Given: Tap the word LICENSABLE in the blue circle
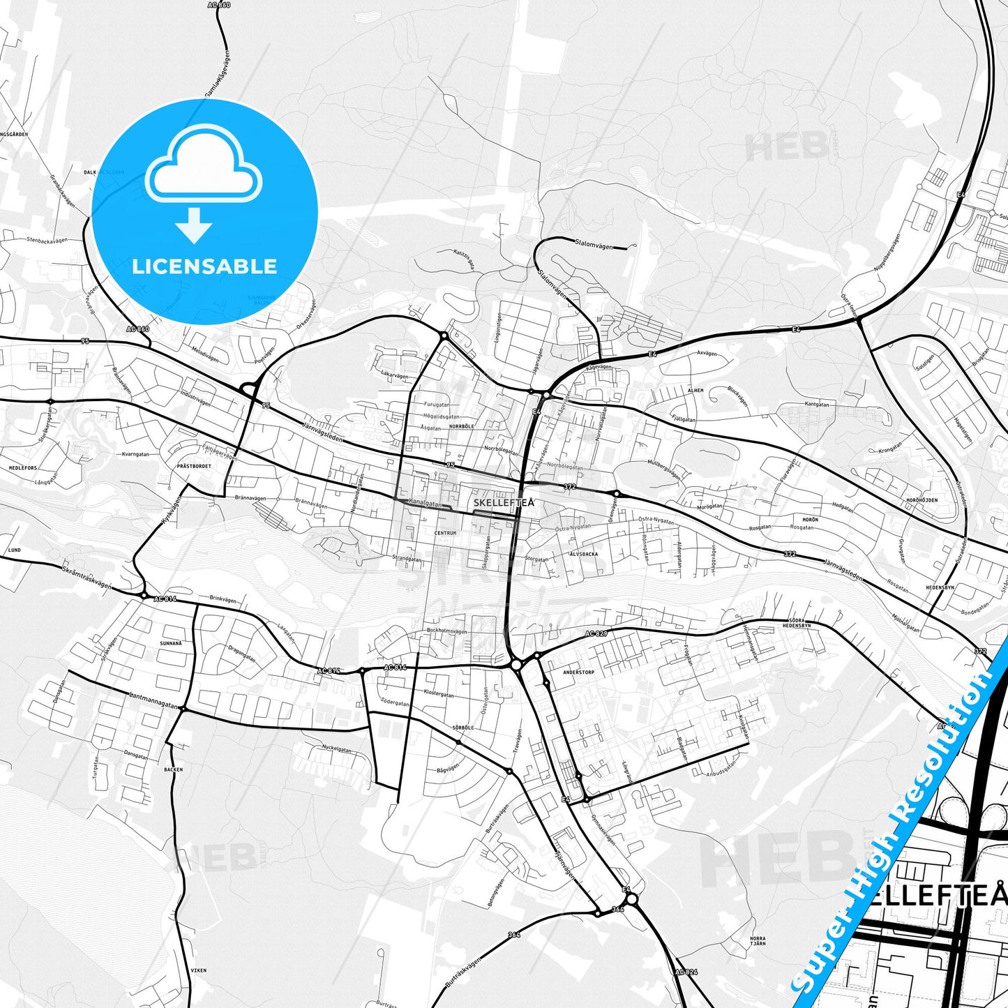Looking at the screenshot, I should click(204, 266).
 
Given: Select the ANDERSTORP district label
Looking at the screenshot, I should click(578, 672).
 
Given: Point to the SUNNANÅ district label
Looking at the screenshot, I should click(171, 643).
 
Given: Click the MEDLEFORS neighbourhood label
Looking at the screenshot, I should click(23, 468).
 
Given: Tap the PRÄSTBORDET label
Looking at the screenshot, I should click(193, 465).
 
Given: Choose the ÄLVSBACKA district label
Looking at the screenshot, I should click(584, 554).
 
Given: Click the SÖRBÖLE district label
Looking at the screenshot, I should click(463, 727).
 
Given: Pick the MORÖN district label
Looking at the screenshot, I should click(810, 520).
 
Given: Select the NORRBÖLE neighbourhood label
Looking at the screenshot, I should click(462, 426).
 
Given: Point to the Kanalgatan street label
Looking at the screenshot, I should click(426, 502).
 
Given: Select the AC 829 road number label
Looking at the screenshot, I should click(596, 633).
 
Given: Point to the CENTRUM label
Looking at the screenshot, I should click(445, 533).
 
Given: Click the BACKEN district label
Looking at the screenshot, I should click(173, 769).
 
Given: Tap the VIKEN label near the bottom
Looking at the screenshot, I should click(199, 970).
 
